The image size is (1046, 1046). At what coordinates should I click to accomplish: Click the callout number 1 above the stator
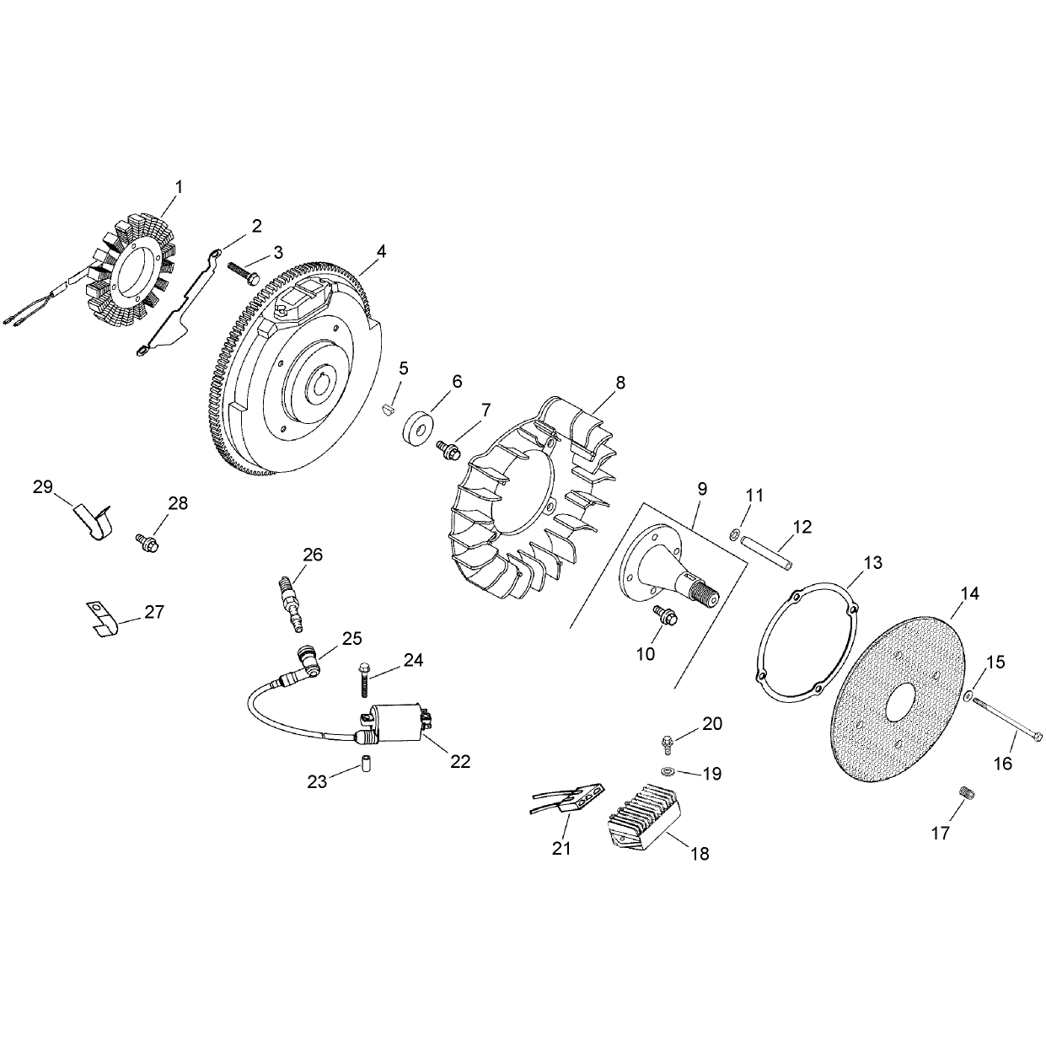[179, 187]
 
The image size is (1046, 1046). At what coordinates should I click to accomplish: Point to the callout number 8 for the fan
[620, 383]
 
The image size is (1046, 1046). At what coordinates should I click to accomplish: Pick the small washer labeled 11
[734, 534]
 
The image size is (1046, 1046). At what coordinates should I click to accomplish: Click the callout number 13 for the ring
[873, 563]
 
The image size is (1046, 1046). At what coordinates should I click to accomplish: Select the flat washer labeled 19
[666, 770]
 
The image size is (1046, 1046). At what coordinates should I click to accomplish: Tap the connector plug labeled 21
[567, 797]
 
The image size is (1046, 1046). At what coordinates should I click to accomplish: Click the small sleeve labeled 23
[367, 764]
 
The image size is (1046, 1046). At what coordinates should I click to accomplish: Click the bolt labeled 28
[147, 542]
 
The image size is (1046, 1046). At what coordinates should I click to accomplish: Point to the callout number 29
[43, 487]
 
